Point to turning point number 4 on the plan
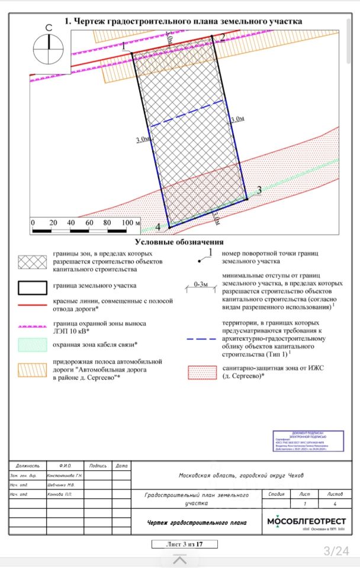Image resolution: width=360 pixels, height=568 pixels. coord(168,227)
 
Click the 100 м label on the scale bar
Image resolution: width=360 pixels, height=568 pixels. coord(130,222)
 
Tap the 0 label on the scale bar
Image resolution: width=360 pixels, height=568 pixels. coord(33,222)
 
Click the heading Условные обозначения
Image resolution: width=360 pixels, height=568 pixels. coord(179,242)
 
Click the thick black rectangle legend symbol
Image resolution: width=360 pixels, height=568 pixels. coord(33,288)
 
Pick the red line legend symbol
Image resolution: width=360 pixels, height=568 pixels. coord(33,305)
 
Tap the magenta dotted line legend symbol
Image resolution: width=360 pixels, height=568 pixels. coord(33,326)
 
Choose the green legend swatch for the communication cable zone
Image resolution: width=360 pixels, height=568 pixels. coord(33,345)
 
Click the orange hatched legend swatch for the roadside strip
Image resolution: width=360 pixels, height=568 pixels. coord(33,369)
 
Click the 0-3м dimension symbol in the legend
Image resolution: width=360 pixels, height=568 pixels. coord(201,286)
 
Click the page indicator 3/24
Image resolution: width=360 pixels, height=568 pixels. coord(336,551)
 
